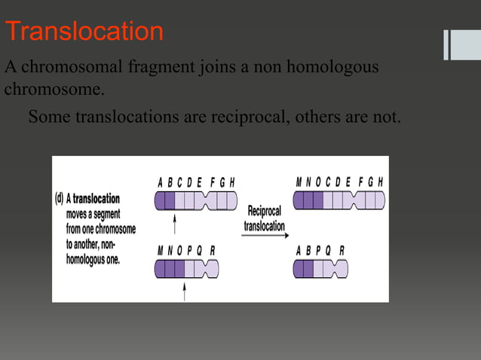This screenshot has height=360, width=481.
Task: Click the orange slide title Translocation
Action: coord(84,31)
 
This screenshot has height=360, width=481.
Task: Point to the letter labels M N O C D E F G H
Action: coord(339,182)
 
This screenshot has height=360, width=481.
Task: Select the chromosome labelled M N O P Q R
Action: coord(186,268)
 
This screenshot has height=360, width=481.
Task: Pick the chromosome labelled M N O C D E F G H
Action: coord(339,200)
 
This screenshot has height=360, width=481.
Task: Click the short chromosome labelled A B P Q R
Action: coord(320,268)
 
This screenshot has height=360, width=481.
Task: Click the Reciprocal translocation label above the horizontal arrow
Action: coord(264,218)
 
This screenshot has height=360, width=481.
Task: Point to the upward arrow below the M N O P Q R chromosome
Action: coord(185,292)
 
